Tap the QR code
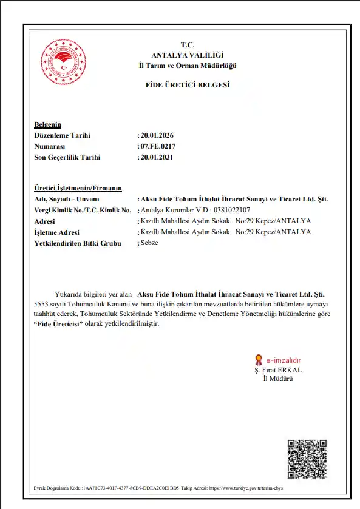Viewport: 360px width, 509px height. [307, 459]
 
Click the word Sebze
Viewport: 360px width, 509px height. [149, 243]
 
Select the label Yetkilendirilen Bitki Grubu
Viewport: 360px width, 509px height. [78, 243]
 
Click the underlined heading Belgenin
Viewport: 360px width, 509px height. [48, 124]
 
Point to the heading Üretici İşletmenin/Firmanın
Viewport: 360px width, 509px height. [78, 188]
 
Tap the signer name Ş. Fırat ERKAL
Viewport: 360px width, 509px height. [278, 369]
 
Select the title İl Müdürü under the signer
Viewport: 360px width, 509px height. [277, 378]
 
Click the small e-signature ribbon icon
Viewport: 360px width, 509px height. [258, 359]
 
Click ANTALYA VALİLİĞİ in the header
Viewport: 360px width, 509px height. [187, 55]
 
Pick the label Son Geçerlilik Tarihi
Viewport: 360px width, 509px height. [67, 157]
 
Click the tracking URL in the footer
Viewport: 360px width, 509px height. [246, 488]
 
